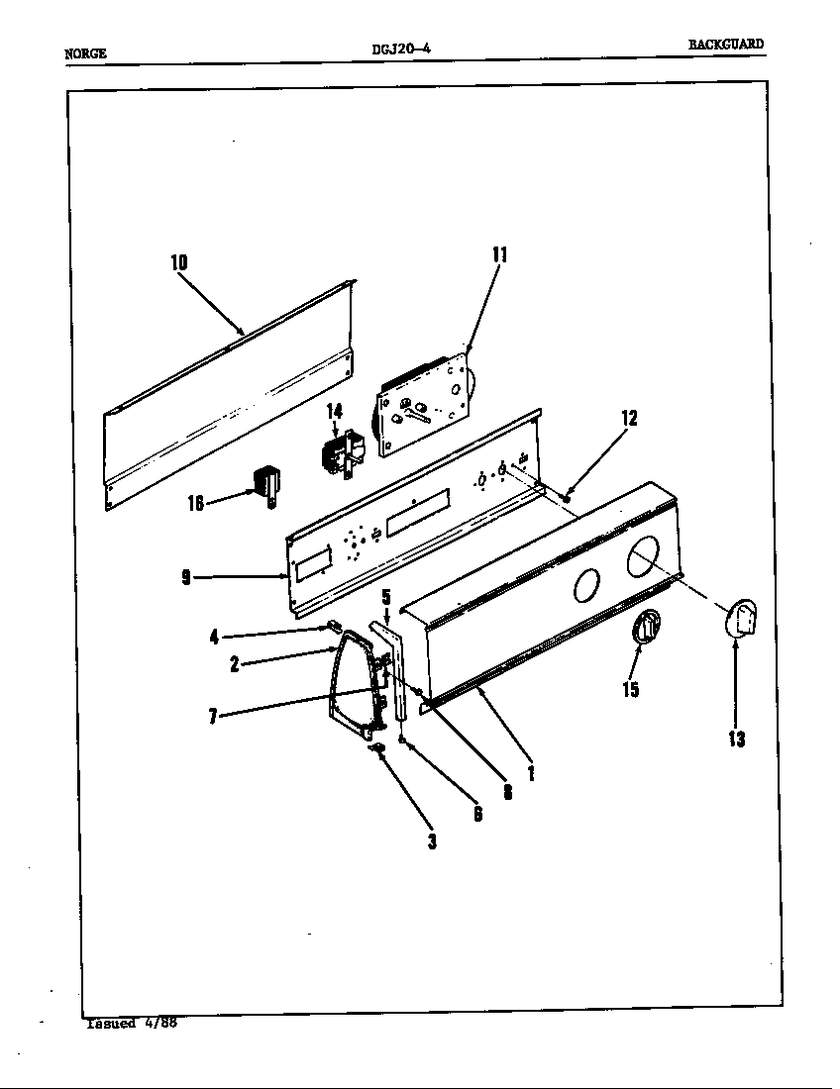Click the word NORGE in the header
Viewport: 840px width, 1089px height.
pos(85,53)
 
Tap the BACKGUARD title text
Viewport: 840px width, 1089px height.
pos(726,45)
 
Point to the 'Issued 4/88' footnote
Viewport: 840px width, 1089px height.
pos(131,1023)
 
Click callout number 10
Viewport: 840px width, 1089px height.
pos(178,262)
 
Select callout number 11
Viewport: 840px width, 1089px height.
pos(499,254)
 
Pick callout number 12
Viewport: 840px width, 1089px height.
pos(629,418)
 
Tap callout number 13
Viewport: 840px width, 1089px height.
pos(736,738)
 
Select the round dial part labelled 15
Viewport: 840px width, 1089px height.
pos(644,630)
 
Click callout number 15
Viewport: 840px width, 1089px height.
pos(630,689)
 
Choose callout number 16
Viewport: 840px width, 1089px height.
pos(196,503)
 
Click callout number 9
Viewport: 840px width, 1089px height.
pos(186,578)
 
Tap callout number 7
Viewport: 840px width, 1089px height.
pos(213,716)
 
